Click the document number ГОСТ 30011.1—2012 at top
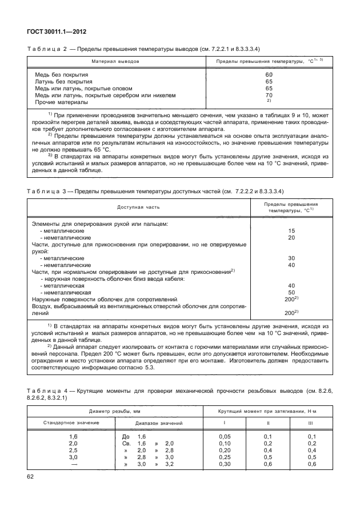[x=57, y=32]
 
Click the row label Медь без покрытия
[x=63, y=75]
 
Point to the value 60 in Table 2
[x=269, y=75]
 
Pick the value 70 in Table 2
[x=269, y=95]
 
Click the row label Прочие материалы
[x=61, y=102]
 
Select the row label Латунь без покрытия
[x=65, y=82]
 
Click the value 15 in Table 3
[x=291, y=230]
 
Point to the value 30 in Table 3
[x=291, y=258]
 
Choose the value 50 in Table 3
[x=291, y=292]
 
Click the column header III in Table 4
[x=310, y=423]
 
